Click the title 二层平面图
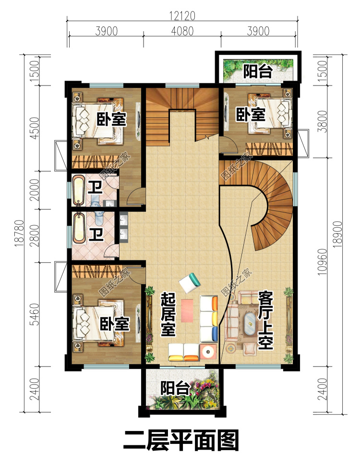point(181,441)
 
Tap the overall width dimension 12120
point(182,16)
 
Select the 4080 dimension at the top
point(182,31)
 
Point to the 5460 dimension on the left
point(35,314)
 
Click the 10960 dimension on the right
point(322,262)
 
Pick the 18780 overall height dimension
point(19,233)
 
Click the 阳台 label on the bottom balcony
point(175,389)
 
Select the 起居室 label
point(168,314)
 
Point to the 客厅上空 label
point(265,320)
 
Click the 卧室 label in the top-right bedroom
point(251,115)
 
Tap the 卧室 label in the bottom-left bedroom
point(115,324)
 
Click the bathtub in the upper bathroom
point(79,191)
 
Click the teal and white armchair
point(189,283)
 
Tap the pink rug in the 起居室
point(187,310)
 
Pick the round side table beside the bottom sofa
point(208,352)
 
